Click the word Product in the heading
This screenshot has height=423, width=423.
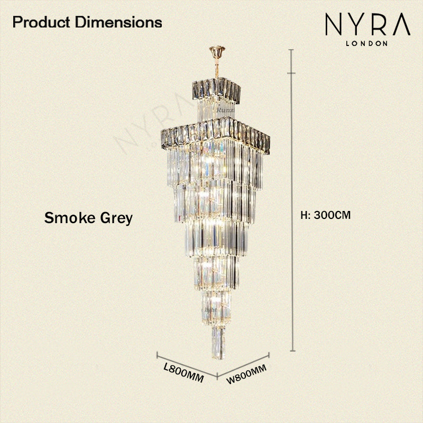41,22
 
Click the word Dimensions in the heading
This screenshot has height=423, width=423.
118,22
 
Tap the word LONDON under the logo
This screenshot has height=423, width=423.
366,43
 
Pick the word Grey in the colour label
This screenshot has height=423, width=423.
116,218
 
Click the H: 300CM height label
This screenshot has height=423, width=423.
326,215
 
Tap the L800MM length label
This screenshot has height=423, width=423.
183,373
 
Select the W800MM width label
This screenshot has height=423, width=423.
246,374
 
